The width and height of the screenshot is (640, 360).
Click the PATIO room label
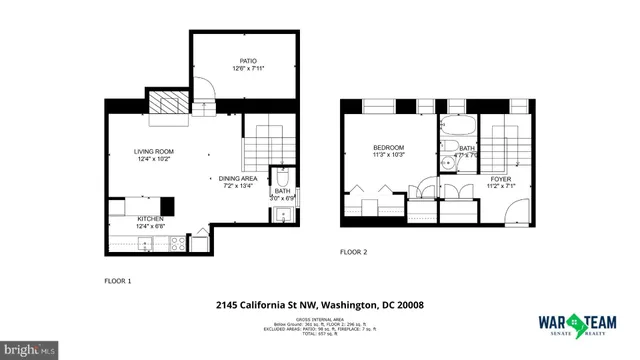(248, 60)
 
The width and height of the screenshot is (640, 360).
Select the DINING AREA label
(238, 178)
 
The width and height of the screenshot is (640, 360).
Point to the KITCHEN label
(150, 218)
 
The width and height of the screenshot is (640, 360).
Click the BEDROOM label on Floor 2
(386, 148)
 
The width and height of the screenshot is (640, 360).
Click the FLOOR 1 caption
(119, 281)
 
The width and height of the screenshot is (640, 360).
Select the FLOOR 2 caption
(353, 252)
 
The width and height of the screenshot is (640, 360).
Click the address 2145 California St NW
(319, 304)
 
